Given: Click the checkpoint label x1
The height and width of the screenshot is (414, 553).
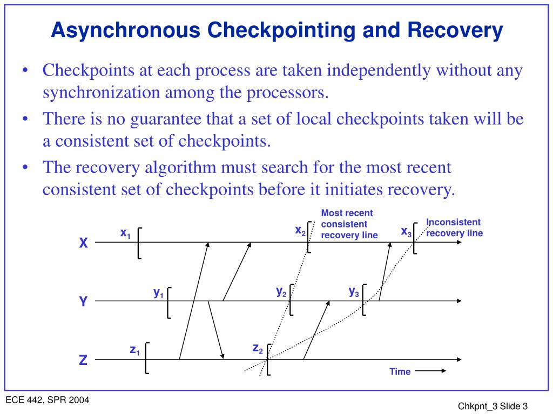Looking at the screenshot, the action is [125, 233].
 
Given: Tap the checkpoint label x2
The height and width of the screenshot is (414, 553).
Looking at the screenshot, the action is [300, 231].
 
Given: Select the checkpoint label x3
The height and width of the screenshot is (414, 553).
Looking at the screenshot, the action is [406, 232].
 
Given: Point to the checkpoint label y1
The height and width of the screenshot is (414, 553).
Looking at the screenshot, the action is [158, 293].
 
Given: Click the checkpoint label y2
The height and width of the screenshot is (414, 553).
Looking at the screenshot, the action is [281, 292].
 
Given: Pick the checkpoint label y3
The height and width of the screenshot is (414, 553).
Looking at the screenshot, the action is [354, 292].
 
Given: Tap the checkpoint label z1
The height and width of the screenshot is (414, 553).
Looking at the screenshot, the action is [134, 350].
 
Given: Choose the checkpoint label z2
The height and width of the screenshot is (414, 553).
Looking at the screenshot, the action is [258, 348].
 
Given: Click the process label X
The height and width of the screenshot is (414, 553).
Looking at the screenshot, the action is [83, 244].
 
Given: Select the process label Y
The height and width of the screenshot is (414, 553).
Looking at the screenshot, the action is [83, 302].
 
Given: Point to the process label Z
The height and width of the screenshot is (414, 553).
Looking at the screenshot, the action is [83, 361].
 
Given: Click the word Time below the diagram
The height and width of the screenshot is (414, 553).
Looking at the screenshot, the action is [400, 371].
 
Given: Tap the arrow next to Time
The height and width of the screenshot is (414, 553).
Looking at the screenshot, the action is [430, 371].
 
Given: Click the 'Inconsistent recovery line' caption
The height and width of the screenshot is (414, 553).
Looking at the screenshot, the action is [454, 227].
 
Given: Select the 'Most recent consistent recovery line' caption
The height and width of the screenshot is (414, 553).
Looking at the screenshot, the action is [349, 224].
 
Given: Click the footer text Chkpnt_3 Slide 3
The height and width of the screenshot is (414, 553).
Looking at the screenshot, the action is [493, 406].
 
